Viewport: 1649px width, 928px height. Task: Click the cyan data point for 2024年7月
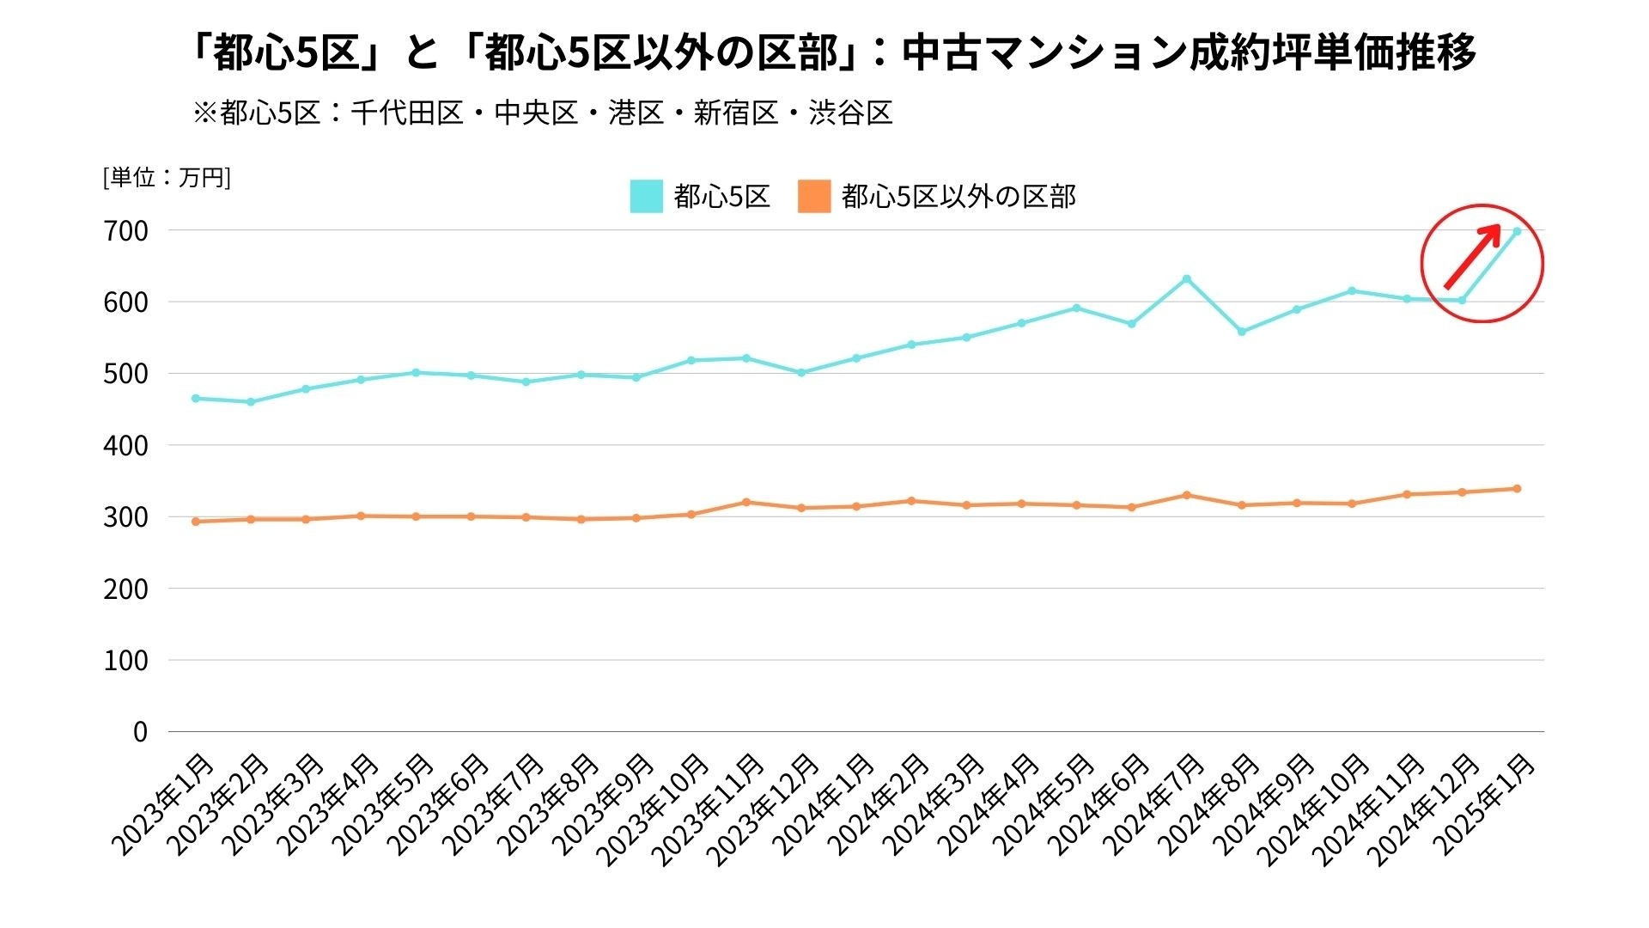[1186, 278]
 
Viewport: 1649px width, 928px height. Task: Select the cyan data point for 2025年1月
[1517, 231]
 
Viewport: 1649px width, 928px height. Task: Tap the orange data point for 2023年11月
[746, 502]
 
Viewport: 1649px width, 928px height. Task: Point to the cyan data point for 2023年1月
[196, 399]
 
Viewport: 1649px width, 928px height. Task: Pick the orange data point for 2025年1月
[1517, 489]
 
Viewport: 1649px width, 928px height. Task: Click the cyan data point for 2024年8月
[1241, 332]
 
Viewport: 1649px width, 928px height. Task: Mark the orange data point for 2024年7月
[1186, 495]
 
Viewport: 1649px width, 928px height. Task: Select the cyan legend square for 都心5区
[646, 196]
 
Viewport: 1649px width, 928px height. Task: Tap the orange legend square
[814, 196]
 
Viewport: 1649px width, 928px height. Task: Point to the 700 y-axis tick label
[127, 231]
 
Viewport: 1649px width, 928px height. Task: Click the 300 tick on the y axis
[127, 517]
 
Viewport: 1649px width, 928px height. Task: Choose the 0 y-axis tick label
[140, 732]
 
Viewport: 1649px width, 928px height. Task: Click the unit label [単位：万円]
[167, 178]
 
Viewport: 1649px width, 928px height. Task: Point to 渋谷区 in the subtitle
[850, 113]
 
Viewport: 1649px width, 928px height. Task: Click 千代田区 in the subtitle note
[407, 113]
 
